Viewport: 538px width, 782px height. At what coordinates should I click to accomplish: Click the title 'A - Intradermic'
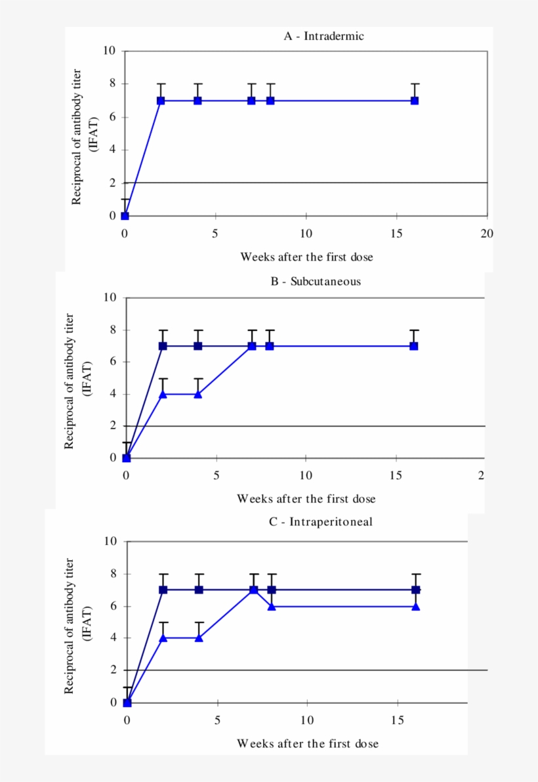click(x=323, y=36)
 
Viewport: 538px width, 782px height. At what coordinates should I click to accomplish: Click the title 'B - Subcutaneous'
click(x=316, y=282)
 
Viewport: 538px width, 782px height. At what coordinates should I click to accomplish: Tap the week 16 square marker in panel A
click(x=415, y=100)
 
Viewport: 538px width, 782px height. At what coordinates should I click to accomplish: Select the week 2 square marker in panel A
click(x=161, y=100)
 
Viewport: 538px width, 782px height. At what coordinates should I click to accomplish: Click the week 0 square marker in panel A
click(x=125, y=215)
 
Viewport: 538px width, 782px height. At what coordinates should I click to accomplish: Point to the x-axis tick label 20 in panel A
click(x=486, y=232)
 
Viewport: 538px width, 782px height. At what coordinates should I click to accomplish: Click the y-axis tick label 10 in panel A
click(x=110, y=51)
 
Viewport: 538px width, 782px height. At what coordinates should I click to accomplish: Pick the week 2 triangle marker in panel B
click(x=163, y=394)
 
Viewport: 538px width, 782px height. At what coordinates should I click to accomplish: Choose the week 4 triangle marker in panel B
click(x=197, y=394)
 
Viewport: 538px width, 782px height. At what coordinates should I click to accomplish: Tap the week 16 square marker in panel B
click(x=414, y=346)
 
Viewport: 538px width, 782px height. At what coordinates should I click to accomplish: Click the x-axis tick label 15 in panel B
click(x=396, y=475)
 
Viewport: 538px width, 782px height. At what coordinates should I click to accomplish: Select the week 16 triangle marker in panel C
click(x=416, y=606)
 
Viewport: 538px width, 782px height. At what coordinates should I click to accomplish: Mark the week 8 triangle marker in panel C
click(x=272, y=606)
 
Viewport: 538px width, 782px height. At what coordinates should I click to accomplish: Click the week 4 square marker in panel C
click(x=199, y=590)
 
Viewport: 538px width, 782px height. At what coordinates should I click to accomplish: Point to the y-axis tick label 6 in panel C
click(x=113, y=605)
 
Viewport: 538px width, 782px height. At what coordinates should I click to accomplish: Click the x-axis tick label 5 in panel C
click(x=218, y=719)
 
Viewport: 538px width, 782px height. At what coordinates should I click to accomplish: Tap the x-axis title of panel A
click(x=306, y=257)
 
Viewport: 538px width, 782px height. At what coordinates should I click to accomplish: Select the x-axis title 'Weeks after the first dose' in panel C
click(x=308, y=743)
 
